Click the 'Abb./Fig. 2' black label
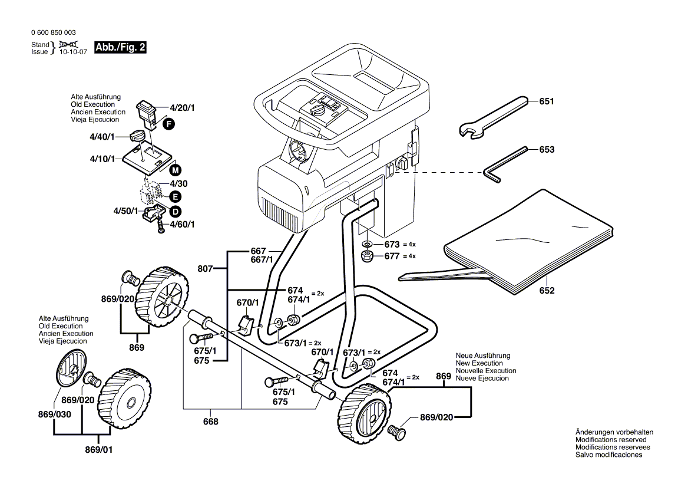point(120,48)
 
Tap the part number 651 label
point(547,101)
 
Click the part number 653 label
point(547,150)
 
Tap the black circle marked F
point(169,124)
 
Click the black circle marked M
point(175,170)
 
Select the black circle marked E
point(175,197)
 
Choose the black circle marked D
point(175,211)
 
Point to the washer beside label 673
point(366,244)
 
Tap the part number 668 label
point(210,421)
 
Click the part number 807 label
point(205,269)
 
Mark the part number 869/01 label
point(99,449)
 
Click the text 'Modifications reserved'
point(611,440)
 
